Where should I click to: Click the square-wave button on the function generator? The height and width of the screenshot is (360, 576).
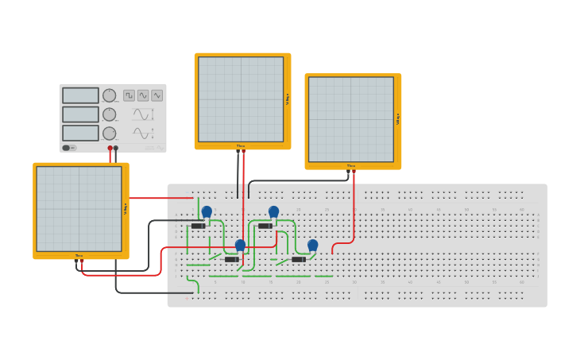click(129, 95)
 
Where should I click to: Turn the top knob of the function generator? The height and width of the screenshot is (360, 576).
click(110, 95)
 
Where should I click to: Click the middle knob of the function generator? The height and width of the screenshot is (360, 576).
click(110, 114)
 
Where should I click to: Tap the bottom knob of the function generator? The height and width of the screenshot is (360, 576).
click(110, 134)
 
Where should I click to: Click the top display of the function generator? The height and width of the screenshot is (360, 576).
click(80, 95)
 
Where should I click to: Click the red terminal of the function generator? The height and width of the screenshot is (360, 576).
click(110, 148)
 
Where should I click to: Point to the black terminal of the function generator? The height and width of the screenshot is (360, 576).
click(116, 148)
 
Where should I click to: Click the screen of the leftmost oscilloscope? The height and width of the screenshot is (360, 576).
click(79, 208)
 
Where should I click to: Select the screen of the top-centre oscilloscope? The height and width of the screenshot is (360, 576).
click(241, 99)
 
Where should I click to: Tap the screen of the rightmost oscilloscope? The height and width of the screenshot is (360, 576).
click(350, 119)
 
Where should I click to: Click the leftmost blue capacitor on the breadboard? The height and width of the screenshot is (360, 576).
click(207, 212)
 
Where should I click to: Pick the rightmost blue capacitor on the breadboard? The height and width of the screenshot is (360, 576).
click(312, 246)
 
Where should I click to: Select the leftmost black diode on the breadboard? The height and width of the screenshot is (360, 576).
click(199, 226)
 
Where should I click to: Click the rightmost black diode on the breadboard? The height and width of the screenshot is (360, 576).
click(299, 259)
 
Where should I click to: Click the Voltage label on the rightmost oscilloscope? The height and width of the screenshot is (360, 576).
click(397, 119)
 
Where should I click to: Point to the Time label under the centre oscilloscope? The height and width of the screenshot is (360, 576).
click(241, 145)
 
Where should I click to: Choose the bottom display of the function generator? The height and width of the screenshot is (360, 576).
click(80, 133)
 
